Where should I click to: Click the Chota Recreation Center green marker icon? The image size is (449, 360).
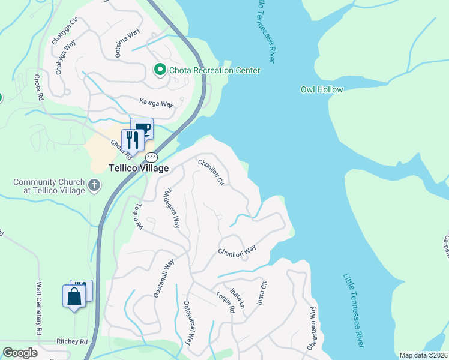coord(160,70)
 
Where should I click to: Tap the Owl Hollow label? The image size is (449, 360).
coord(322,89)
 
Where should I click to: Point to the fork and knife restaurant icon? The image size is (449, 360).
coord(131,140)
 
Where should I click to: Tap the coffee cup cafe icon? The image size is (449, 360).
coord(143,128)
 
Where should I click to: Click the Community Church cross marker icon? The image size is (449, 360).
coord(94,185)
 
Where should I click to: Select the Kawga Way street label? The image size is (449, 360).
coord(156,103)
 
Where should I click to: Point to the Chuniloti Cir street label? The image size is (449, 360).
coord(211,172)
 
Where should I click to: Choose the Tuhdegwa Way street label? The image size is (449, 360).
coord(172,209)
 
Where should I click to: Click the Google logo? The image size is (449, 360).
coord(20,352)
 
